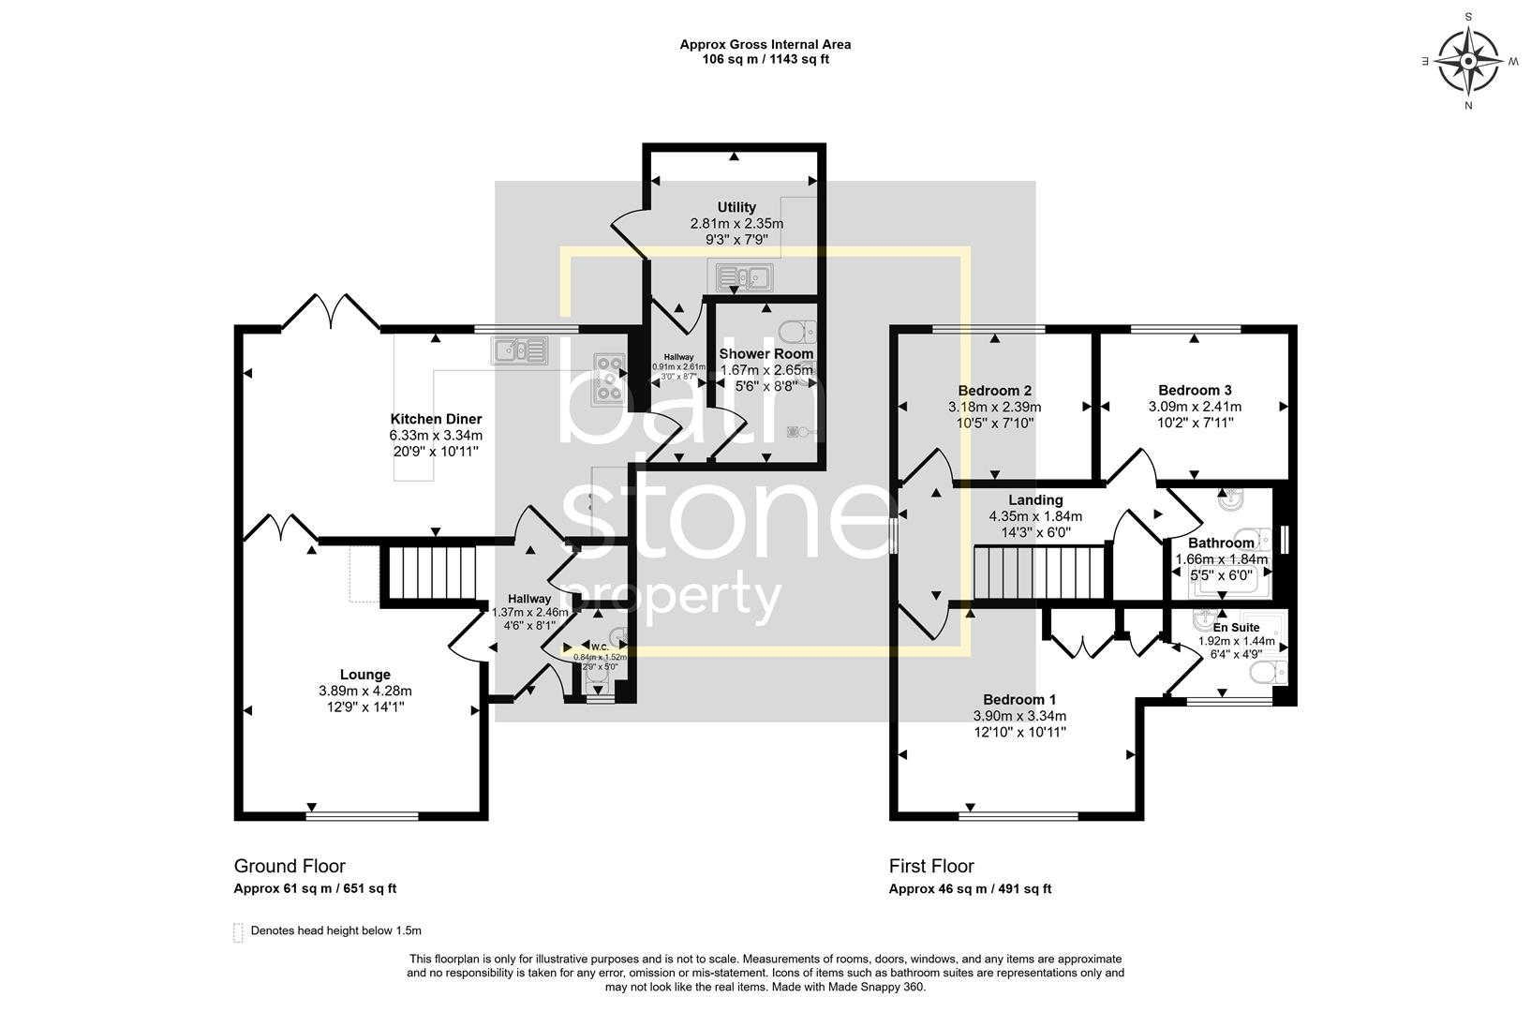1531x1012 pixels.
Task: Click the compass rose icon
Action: [1468, 62]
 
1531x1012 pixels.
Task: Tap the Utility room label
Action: [736, 207]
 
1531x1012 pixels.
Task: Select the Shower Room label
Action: [765, 354]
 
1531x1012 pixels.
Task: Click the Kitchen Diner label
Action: [436, 419]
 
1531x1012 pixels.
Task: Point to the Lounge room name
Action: [364, 675]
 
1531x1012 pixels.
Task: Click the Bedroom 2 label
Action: [994, 391]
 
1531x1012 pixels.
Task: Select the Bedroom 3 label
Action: [1195, 391]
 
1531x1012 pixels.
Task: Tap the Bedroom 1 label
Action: [1019, 699]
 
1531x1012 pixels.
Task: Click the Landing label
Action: [1035, 500]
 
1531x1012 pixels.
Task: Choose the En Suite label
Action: [1236, 628]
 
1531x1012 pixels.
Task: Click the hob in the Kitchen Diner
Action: [609, 379]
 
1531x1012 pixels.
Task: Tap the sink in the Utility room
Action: [743, 276]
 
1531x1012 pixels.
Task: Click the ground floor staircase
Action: [432, 574]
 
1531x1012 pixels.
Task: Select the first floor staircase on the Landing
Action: [1040, 573]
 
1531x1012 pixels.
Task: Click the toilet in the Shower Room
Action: [797, 331]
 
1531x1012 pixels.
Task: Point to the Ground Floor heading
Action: [290, 867]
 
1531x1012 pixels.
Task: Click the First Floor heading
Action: [931, 867]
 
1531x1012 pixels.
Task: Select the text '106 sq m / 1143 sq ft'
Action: [765, 59]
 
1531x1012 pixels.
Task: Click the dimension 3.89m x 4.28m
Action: [364, 692]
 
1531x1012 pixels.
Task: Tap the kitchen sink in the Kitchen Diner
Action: [518, 351]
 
